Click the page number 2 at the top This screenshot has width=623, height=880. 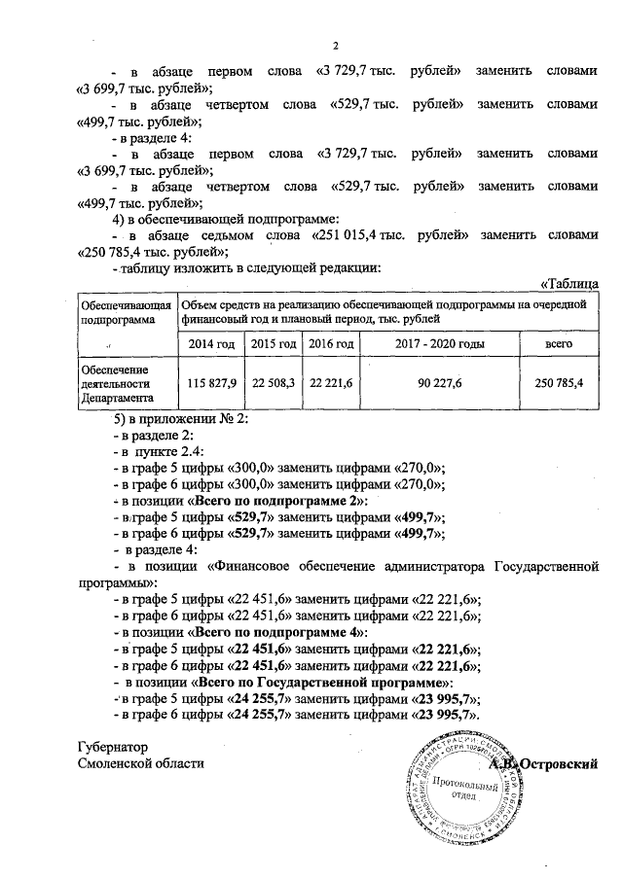335,46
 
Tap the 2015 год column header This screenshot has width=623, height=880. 274,344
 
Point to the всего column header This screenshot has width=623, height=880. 559,344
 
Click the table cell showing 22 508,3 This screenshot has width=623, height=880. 274,384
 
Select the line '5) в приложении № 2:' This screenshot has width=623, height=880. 182,419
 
